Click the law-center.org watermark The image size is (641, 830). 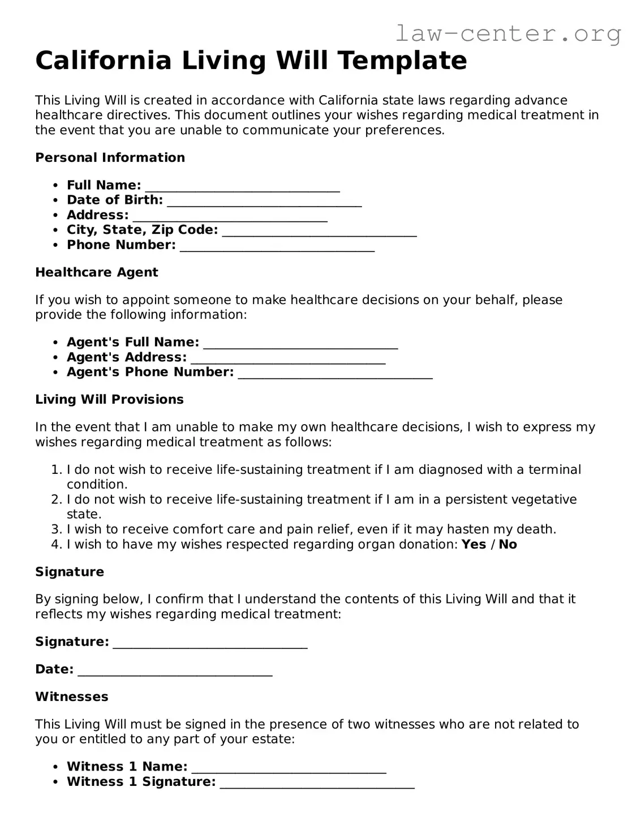click(x=507, y=34)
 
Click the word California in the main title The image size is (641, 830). click(x=103, y=61)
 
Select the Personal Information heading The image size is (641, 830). click(x=110, y=158)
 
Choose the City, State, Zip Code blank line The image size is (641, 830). click(x=320, y=232)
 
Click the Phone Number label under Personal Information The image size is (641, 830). click(x=121, y=245)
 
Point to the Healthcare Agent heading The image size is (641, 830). click(x=96, y=272)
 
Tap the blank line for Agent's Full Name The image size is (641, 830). click(x=300, y=344)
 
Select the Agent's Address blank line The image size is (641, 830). click(x=288, y=360)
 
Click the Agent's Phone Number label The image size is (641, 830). click(x=150, y=372)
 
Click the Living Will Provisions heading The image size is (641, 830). click(x=109, y=400)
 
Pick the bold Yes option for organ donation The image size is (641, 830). click(x=474, y=545)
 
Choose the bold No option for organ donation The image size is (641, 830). click(x=507, y=545)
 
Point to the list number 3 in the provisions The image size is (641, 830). click(x=56, y=529)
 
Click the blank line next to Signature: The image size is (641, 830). click(x=210, y=644)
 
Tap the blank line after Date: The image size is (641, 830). click(x=175, y=672)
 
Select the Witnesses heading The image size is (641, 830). click(x=71, y=697)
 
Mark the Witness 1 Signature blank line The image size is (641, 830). click(x=317, y=785)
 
